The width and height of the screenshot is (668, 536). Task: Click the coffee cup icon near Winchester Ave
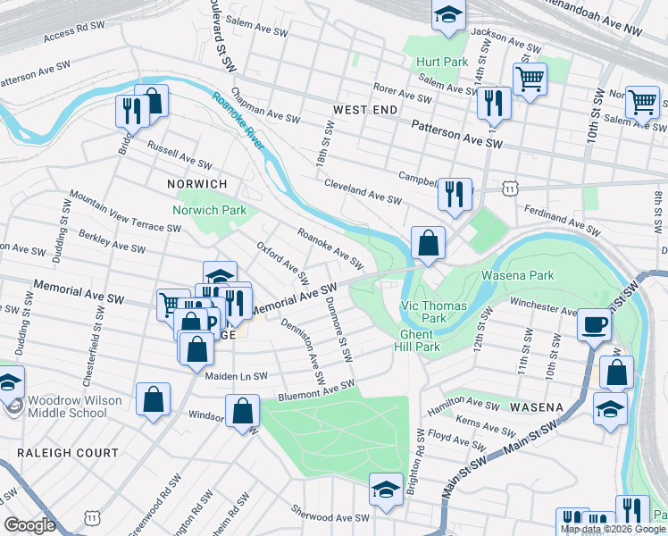593,323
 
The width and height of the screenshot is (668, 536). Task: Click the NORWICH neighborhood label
197,183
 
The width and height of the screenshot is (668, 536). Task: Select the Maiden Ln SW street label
236,376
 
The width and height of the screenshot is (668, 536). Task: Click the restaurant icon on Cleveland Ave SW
455,193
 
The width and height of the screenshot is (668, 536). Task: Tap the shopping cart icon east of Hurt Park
530,79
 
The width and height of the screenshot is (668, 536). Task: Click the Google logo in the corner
29,525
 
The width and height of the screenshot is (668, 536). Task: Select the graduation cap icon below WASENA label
610,408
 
